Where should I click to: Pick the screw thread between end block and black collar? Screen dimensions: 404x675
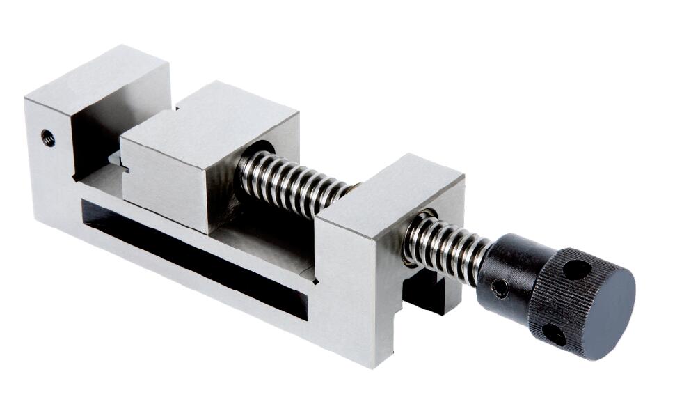pyautogui.click(x=445, y=243)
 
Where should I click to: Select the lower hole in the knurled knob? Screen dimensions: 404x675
pyautogui.click(x=553, y=334)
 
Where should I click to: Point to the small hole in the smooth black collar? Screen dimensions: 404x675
pyautogui.click(x=500, y=286)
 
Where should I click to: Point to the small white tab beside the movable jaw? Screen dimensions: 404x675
pyautogui.click(x=117, y=161)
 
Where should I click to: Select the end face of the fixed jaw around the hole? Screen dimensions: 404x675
pyautogui.click(x=49, y=160)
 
